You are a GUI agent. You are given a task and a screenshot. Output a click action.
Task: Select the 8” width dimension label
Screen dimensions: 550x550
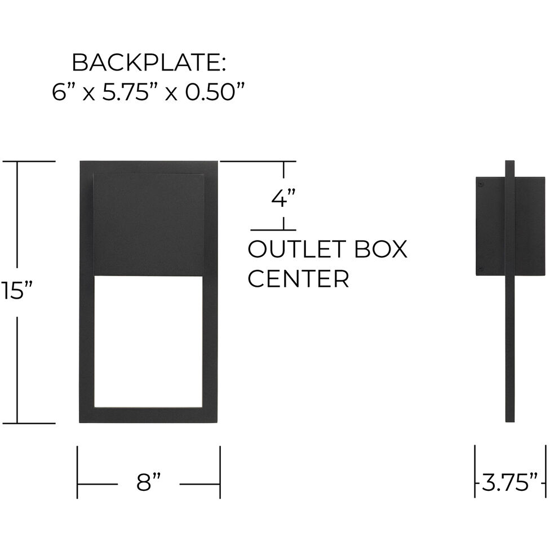coord(148,483)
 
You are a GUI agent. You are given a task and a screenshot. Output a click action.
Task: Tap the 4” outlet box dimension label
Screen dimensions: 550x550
coord(283,198)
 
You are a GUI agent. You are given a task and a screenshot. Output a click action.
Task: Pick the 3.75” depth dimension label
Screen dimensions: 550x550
coord(511,483)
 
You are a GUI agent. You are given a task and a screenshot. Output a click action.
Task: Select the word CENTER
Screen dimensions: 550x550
coord(298,279)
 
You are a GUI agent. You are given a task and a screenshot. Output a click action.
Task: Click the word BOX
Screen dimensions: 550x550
coord(382,249)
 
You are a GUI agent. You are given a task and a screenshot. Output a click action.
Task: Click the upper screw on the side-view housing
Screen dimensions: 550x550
coord(480,183)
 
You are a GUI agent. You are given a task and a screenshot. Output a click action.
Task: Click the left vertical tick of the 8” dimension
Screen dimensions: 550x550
coord(78,472)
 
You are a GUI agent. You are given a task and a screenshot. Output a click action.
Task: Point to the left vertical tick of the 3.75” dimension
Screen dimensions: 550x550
coord(475,472)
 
